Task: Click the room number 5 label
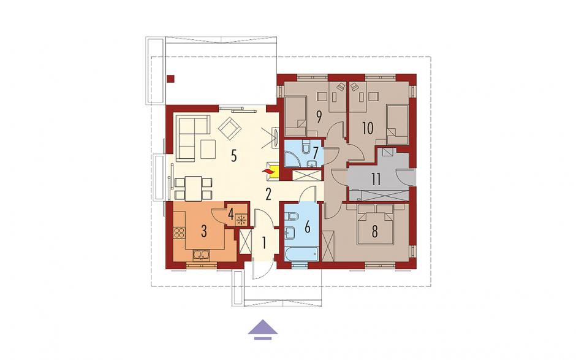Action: click(233, 156)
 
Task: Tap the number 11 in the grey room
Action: click(376, 180)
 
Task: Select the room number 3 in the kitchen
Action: click(204, 231)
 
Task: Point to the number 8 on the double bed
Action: click(374, 232)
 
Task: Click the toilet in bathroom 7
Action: click(306, 147)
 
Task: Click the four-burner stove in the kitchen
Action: click(179, 233)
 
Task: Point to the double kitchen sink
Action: click(201, 255)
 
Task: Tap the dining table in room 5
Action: click(193, 188)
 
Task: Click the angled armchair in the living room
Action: click(230, 128)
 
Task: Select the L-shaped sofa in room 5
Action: click(192, 138)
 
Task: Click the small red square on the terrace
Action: click(170, 79)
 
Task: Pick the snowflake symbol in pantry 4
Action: click(241, 220)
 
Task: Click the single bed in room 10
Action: click(398, 124)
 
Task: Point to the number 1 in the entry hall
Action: click(263, 242)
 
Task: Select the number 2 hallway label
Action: click(268, 194)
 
